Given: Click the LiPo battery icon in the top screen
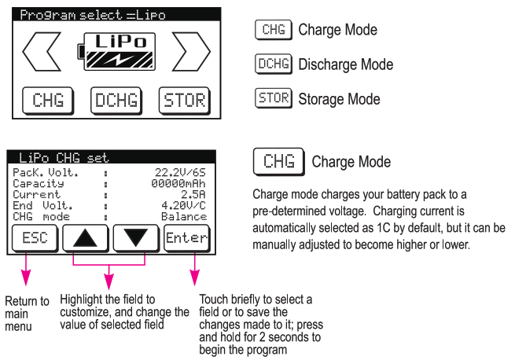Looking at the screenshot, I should click(117, 53).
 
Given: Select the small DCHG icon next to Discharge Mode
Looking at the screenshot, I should click(274, 64).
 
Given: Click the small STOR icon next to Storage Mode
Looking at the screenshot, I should click(274, 98).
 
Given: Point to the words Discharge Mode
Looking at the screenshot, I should click(345, 64).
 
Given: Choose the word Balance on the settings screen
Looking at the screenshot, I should click(184, 215).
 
